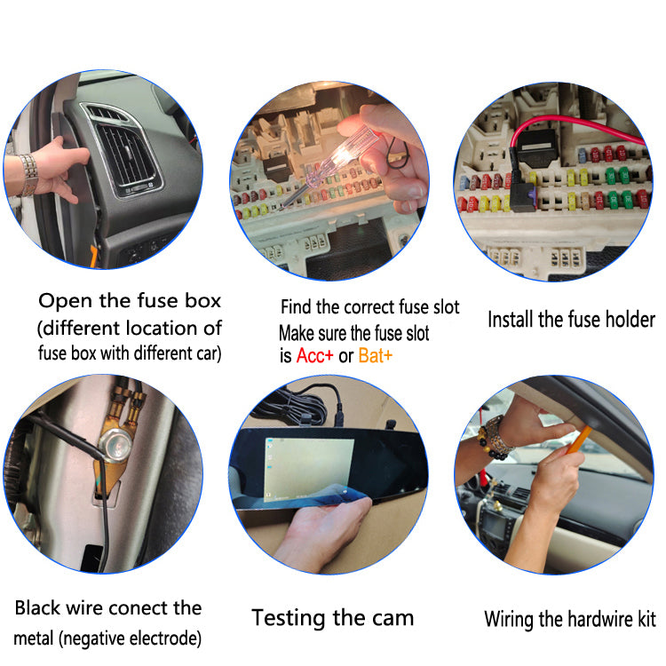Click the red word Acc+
314,356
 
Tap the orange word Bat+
376,356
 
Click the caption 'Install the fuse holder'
571,320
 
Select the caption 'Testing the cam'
333,618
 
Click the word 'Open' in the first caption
65,301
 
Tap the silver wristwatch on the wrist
28,175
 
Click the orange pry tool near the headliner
579,440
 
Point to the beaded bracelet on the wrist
493,439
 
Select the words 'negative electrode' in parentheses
131,638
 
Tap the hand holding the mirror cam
323,531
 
